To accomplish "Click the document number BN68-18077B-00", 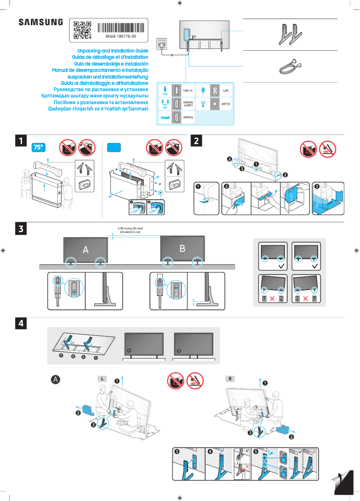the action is (121, 36).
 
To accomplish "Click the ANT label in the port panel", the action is (226, 104).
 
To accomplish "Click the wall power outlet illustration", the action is (162, 44).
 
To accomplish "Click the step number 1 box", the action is (21, 141).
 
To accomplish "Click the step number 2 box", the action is (197, 141).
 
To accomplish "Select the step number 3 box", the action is (21, 229).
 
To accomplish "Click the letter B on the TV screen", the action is (182, 248).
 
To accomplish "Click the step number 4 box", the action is (21, 323).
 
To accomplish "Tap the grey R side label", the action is (230, 378).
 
